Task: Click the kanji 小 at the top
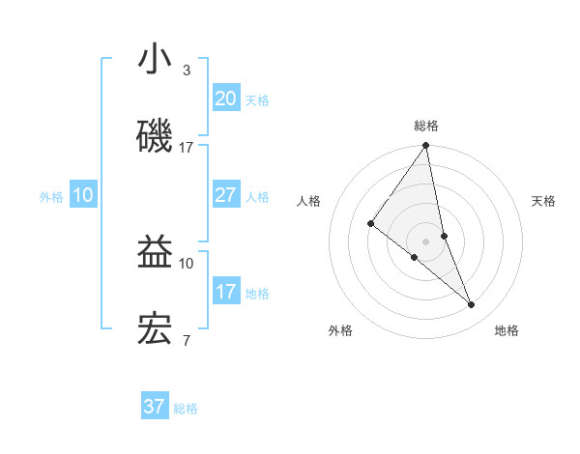(x=155, y=60)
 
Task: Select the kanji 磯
(x=155, y=136)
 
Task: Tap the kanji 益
(x=155, y=252)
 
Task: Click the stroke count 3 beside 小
(x=186, y=71)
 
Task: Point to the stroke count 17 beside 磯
(x=186, y=147)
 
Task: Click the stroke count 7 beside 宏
(x=186, y=340)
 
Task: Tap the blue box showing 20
(x=225, y=99)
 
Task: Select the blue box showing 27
(x=225, y=195)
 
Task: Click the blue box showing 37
(x=154, y=407)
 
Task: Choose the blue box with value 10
(x=83, y=195)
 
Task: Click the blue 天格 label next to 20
(x=257, y=100)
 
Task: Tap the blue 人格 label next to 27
(x=257, y=197)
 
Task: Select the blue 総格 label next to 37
(x=186, y=409)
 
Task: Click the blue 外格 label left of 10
(x=51, y=197)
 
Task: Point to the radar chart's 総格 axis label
(x=425, y=126)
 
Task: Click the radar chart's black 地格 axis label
(x=507, y=330)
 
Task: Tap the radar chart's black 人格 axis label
(x=309, y=201)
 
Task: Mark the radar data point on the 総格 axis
(x=425, y=146)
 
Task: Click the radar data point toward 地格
(x=472, y=305)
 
